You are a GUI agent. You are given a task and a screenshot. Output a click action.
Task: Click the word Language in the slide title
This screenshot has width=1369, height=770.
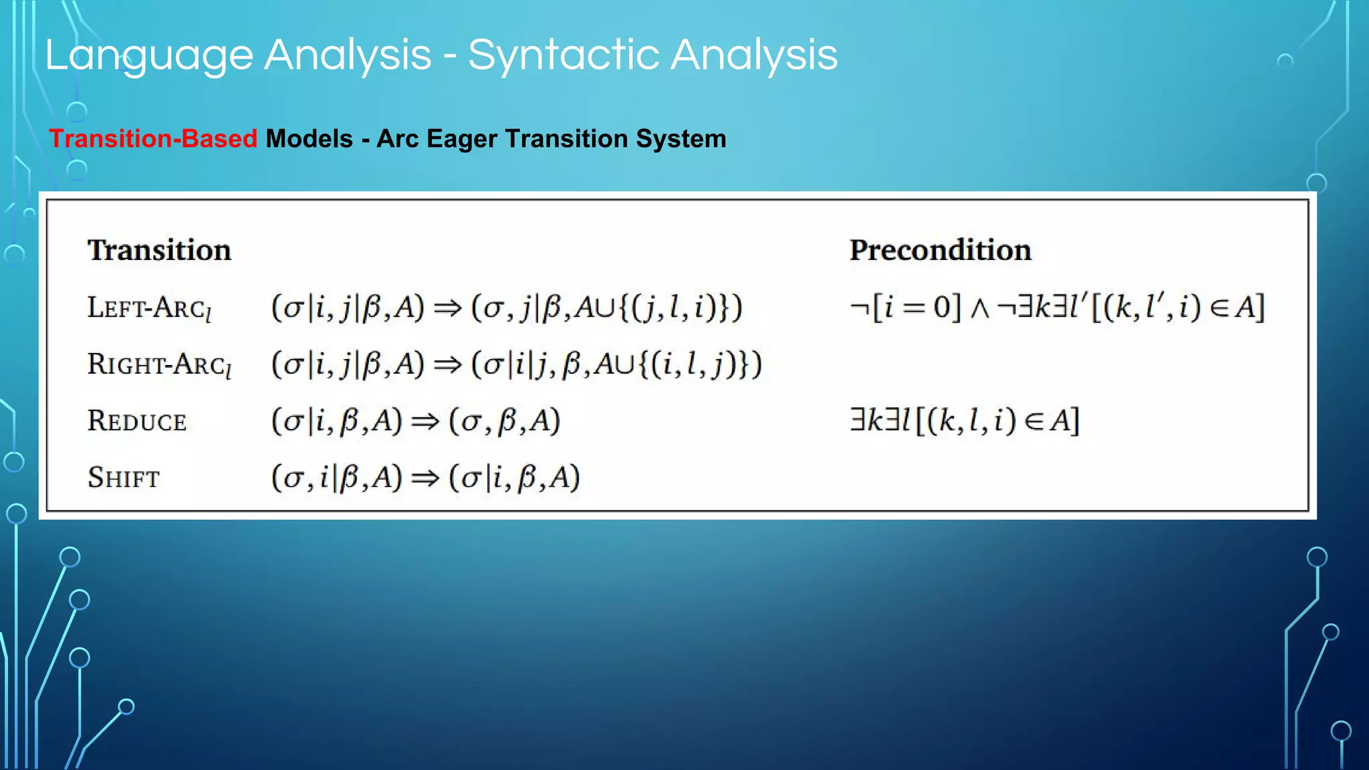click(149, 56)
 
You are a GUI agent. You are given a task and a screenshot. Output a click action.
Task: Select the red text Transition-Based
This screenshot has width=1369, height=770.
click(153, 139)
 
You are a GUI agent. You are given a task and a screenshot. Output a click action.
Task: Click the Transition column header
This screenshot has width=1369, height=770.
click(159, 250)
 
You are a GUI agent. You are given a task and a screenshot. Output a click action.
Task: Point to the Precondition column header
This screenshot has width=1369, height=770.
click(940, 250)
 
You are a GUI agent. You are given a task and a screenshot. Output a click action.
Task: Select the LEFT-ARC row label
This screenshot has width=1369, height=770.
click(149, 308)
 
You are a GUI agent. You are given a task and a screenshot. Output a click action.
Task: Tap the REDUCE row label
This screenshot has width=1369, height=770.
click(137, 422)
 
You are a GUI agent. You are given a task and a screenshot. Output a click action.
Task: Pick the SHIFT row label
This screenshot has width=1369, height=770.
click(124, 478)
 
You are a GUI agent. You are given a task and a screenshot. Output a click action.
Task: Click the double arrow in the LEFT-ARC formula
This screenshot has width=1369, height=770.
click(447, 308)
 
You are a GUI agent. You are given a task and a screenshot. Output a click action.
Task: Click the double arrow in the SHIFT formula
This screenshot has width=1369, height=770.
click(425, 479)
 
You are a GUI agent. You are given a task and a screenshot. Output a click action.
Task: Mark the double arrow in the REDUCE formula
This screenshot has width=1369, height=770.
click(425, 422)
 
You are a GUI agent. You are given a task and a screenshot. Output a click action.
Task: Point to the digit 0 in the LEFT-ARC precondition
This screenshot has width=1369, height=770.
click(942, 307)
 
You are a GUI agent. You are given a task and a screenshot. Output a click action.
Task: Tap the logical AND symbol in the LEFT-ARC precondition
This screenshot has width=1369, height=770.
click(979, 309)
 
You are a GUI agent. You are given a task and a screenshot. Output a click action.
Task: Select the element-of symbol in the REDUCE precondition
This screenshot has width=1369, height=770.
click(1034, 422)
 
